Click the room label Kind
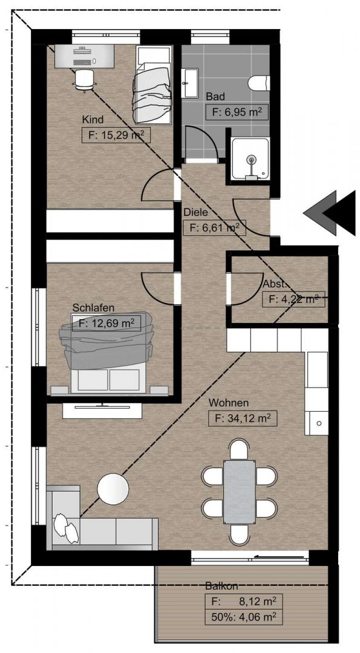pos(93,120)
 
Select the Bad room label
pos(215,97)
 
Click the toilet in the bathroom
pos(258,83)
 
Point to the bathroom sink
pos(191,83)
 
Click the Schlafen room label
pos(93,308)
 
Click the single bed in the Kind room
pos(154,84)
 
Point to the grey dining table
pos(239,492)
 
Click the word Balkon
pos(221,586)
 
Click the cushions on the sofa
pos(66,528)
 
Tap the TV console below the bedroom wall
pos(102,410)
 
